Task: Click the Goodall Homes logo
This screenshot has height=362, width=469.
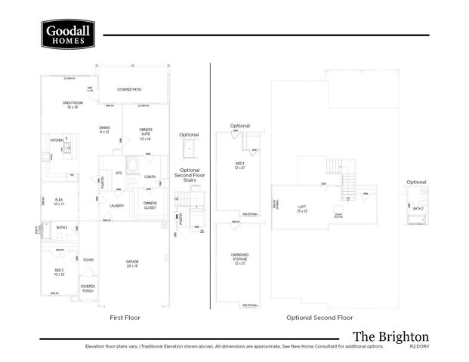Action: (68, 35)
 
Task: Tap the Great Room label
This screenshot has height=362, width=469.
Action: (72, 104)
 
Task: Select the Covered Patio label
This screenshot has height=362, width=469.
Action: (129, 90)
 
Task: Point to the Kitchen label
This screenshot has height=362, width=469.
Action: (57, 140)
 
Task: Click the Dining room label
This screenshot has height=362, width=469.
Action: (104, 130)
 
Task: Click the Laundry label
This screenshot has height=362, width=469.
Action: (116, 205)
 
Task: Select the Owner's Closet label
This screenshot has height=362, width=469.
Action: (150, 205)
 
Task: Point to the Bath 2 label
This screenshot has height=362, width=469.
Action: (62, 227)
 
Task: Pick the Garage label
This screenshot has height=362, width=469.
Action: (132, 263)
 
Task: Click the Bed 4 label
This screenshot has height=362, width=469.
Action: (240, 165)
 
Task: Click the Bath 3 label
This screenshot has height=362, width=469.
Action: (418, 208)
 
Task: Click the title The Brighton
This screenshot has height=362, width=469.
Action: (390, 336)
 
